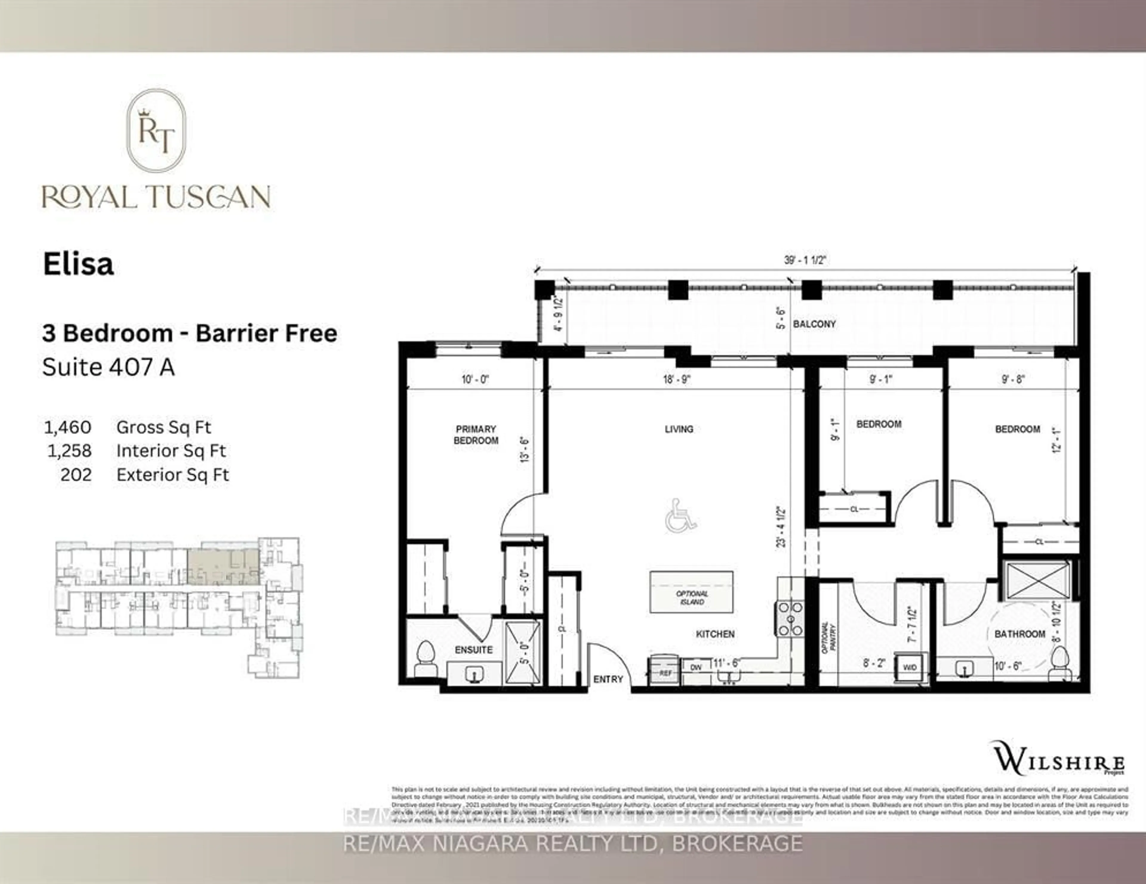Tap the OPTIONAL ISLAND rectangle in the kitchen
691,592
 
